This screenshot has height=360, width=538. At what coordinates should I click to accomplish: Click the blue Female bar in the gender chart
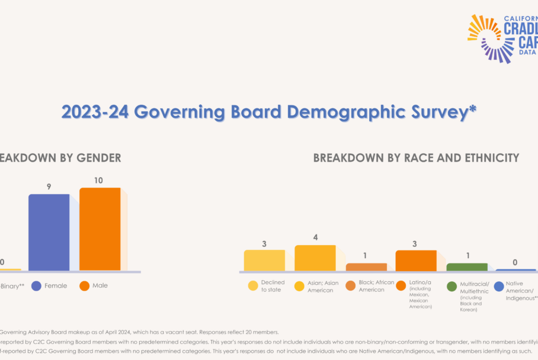pos(49,232)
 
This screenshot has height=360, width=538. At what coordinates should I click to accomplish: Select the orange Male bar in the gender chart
pos(100,229)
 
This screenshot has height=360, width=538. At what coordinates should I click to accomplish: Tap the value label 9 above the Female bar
pos(49,187)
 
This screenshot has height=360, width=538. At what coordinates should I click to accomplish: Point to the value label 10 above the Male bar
pos(98,180)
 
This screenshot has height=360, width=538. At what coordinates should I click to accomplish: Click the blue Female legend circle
pos(36,286)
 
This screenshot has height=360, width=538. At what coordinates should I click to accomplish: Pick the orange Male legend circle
pos(84,286)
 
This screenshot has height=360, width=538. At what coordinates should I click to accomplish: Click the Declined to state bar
pos(264,260)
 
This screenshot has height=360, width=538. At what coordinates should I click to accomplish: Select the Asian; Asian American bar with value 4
pos(315,258)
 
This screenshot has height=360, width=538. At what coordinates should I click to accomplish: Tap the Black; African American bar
pos(366,267)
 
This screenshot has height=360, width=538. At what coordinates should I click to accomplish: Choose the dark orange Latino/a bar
pos(416,261)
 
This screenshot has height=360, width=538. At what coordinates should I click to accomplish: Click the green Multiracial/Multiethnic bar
pos(467,267)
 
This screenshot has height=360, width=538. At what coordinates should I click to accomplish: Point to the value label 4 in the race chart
pos(315,237)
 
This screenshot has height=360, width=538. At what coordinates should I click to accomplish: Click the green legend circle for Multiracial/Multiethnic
pos(452,287)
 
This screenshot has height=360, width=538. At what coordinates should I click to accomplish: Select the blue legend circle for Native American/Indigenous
pos(498,287)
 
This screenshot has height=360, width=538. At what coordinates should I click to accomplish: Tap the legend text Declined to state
pos(272,287)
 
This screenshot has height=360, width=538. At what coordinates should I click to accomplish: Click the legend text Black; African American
pos(376,286)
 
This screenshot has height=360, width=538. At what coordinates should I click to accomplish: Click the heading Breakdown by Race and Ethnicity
pos(416,158)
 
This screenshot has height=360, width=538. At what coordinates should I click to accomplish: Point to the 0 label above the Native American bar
pos(515,262)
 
